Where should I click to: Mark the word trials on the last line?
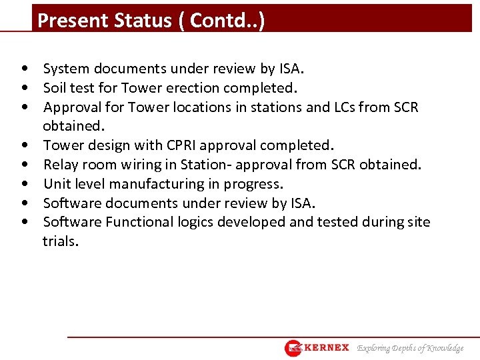pos(60,241)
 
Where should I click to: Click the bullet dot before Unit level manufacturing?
pos(25,184)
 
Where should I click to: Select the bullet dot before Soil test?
pos(25,88)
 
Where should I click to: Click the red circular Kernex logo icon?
pos(293,348)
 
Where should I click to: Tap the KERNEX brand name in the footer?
pos(326,348)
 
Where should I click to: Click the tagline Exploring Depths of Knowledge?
pos(410,348)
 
